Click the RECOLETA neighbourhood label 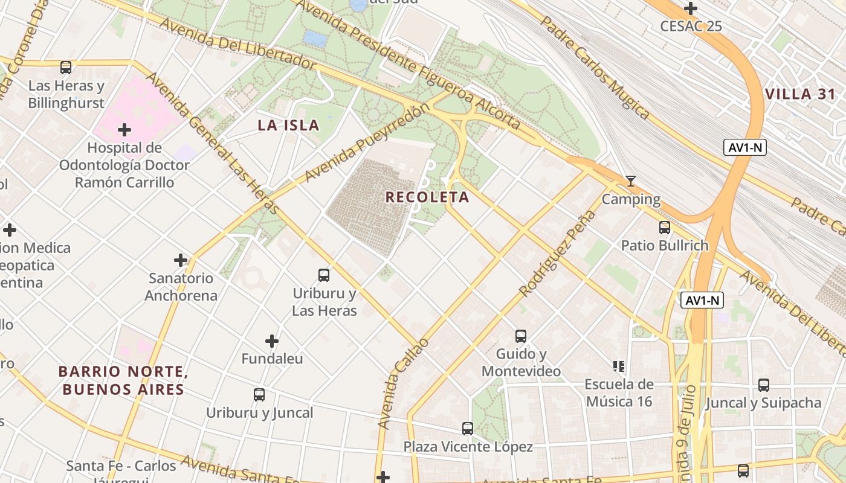pos(427,197)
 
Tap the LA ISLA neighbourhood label pos(288,126)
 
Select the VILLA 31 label pos(800,94)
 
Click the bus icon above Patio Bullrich pos(665,228)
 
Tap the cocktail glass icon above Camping pos(631,181)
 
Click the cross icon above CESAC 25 pos(691,8)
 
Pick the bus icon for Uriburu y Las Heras pos(324,275)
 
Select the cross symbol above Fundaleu pos(272,341)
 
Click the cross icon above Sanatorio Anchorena pos(181,260)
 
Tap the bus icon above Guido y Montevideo pos(521,336)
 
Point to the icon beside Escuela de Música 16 pos(619,366)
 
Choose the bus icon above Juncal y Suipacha pos(764,385)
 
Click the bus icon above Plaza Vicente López pos(468,429)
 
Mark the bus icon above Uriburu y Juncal pos(259,395)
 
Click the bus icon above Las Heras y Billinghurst pos(66,68)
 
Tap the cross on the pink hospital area pos(124,130)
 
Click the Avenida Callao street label pos(402,384)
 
